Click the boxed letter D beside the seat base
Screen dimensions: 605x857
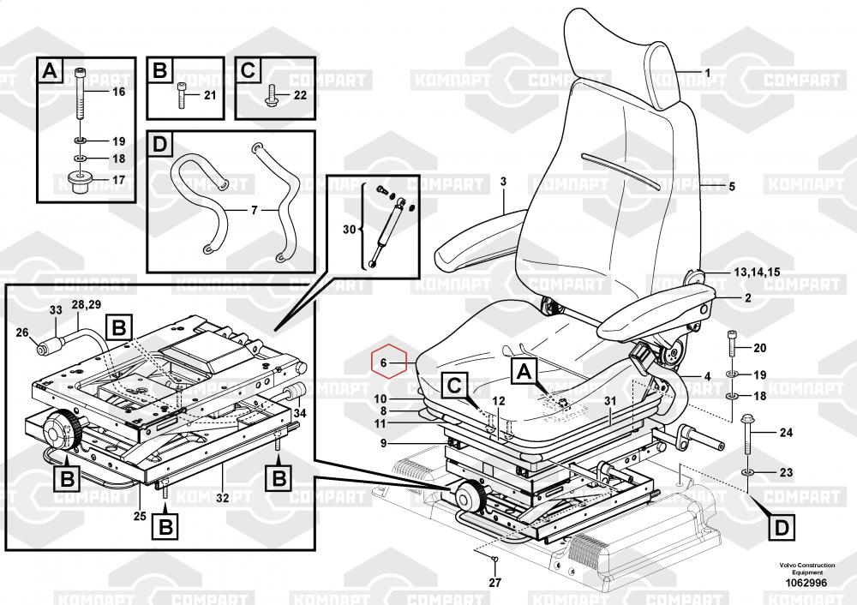(x=781, y=525)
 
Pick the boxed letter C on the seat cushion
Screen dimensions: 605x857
(x=455, y=386)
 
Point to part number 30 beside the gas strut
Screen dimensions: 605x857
(x=348, y=229)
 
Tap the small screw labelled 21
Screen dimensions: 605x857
(x=183, y=94)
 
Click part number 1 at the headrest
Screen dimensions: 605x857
(x=707, y=72)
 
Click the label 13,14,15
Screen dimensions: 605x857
(x=756, y=272)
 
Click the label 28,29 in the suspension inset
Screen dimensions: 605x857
(x=86, y=305)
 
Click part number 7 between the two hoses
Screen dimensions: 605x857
(x=253, y=210)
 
